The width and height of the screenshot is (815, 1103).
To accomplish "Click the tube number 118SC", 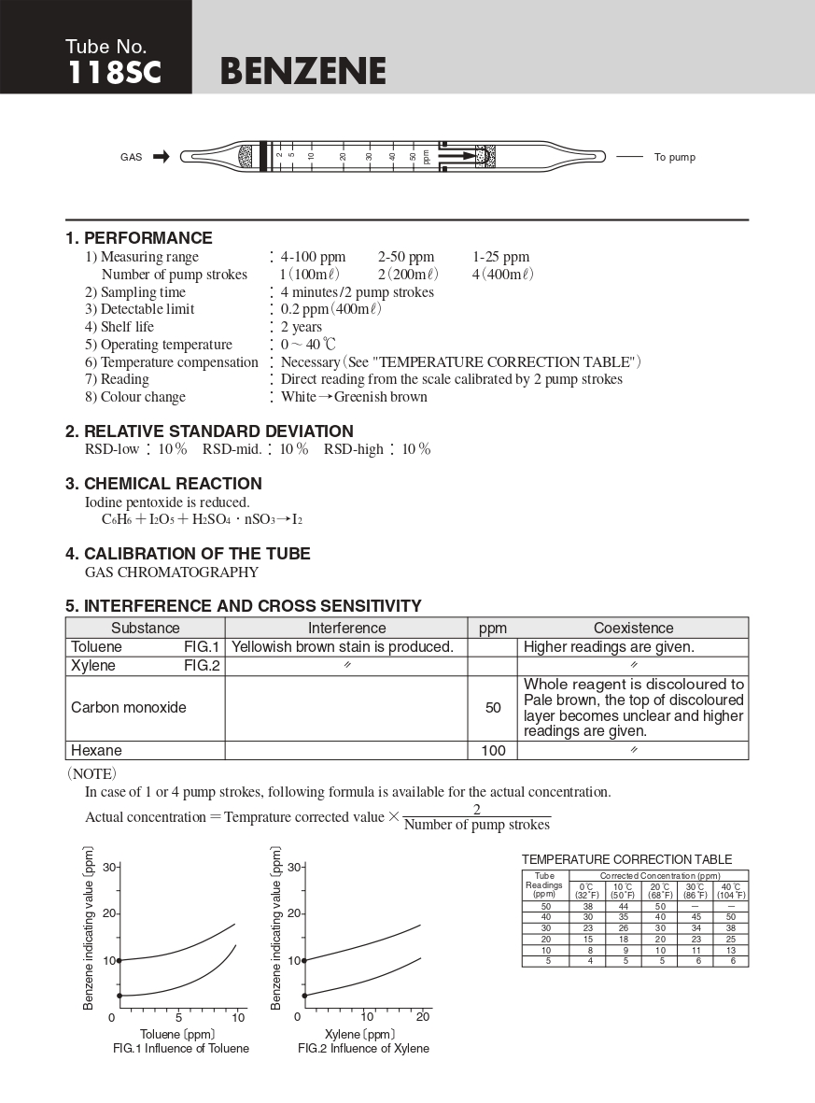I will (x=114, y=73).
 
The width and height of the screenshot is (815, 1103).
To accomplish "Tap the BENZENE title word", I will (x=303, y=72).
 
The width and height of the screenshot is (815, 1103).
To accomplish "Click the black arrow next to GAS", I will (x=161, y=157).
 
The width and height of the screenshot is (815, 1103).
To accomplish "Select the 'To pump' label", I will (x=674, y=157).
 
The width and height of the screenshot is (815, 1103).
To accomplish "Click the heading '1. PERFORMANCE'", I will (x=138, y=238).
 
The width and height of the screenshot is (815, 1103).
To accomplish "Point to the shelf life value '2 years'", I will (x=302, y=327).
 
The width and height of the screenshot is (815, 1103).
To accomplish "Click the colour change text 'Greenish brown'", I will (x=381, y=397).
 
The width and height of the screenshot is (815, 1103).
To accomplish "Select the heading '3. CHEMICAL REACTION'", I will (x=163, y=484).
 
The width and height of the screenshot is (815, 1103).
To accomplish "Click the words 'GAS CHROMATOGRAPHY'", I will (x=172, y=572).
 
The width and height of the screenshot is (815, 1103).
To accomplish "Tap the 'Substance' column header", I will (x=145, y=629).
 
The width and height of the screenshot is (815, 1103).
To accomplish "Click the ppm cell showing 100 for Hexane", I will (x=493, y=751).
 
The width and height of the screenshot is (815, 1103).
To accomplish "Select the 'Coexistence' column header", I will (x=633, y=629).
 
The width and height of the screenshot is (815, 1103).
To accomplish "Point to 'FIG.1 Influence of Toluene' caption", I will (x=181, y=1049).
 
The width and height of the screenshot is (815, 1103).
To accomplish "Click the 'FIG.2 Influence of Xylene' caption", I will (x=364, y=1049).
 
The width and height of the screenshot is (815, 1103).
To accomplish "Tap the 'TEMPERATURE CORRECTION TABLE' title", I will (x=626, y=859).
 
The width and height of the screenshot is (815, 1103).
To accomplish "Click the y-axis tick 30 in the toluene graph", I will (x=108, y=868).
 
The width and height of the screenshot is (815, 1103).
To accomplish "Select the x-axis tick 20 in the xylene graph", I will (x=422, y=1016).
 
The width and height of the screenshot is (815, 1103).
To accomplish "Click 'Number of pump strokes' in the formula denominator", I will (x=477, y=825).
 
